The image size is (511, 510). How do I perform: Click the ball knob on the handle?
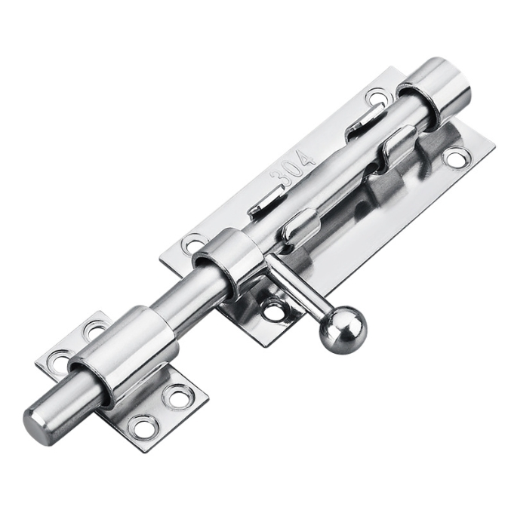[x=342, y=330]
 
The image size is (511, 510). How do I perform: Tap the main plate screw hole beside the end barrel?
[x=377, y=97]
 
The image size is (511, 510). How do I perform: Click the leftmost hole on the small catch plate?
[x=59, y=362]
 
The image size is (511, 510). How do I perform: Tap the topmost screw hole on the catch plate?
[x=95, y=330]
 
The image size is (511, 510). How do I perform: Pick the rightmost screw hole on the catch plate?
[x=178, y=395]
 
